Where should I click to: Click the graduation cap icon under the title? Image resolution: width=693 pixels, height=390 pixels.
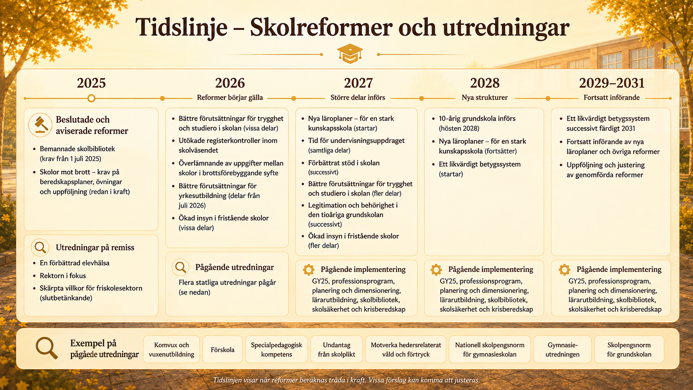pyautogui.click(x=350, y=54)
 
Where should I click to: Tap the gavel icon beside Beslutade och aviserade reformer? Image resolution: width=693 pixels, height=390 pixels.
pyautogui.click(x=40, y=125)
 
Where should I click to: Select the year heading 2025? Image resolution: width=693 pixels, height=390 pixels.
pyautogui.click(x=91, y=83)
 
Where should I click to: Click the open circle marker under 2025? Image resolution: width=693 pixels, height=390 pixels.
pyautogui.click(x=91, y=98)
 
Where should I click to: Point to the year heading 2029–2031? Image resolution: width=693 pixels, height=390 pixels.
pyautogui.click(x=612, y=83)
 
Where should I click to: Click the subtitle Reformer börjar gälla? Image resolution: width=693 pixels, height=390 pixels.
pyautogui.click(x=230, y=98)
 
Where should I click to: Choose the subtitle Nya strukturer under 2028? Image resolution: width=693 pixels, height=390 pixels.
pyautogui.click(x=485, y=98)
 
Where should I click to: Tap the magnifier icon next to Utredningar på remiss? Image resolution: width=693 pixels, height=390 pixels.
pyautogui.click(x=40, y=247)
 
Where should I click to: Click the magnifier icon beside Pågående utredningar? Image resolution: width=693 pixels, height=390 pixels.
pyautogui.click(x=180, y=267)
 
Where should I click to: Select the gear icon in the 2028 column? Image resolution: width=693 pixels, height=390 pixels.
pyautogui.click(x=436, y=270)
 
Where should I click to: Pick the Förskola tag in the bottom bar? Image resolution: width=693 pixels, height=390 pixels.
pyautogui.click(x=223, y=349)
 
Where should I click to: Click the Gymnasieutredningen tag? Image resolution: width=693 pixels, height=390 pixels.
pyautogui.click(x=562, y=349)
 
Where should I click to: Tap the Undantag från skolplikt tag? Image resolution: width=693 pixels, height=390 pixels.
pyautogui.click(x=337, y=349)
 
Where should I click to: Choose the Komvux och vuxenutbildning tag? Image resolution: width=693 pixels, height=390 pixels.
pyautogui.click(x=172, y=349)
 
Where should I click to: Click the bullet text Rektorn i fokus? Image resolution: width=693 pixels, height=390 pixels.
pyautogui.click(x=63, y=276)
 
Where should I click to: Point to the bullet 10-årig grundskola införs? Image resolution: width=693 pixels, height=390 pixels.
pyautogui.click(x=477, y=124)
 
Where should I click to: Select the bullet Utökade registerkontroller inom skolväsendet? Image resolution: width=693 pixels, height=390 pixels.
pyautogui.click(x=228, y=145)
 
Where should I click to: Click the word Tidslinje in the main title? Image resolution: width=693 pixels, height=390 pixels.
pyautogui.click(x=181, y=28)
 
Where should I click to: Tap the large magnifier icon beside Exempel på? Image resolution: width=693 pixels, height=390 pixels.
pyautogui.click(x=47, y=348)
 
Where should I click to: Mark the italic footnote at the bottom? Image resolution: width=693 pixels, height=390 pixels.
pyautogui.click(x=346, y=380)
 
